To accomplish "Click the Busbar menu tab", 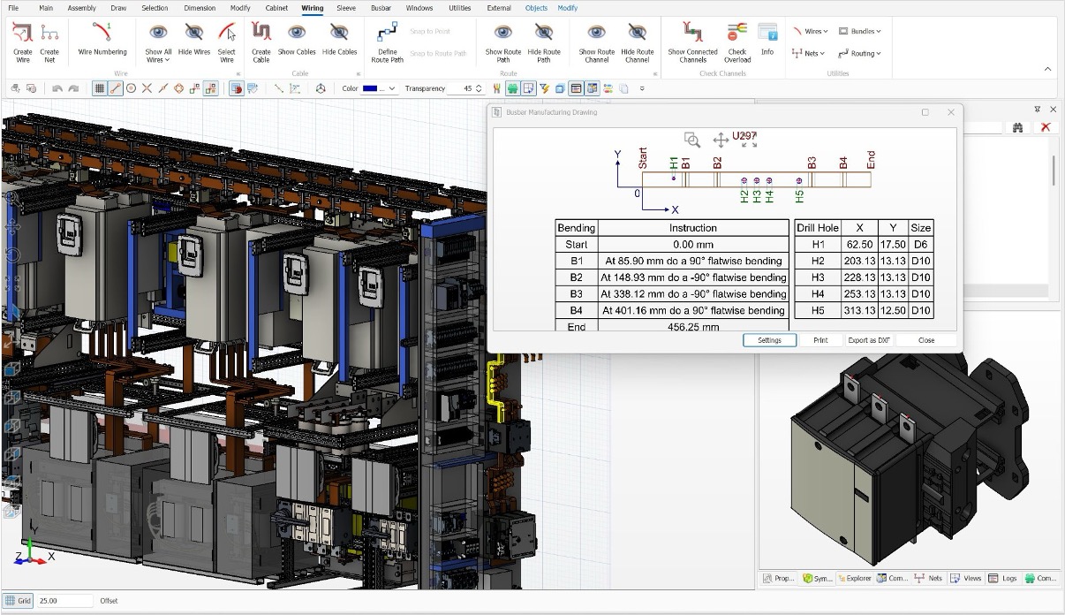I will [381, 8].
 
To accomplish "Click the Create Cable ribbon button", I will [261, 42].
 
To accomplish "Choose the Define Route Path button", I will [387, 42].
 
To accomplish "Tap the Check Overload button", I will [736, 42].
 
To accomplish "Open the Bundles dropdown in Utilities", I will [859, 31].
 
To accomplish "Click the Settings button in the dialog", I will [769, 340].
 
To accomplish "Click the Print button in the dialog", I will [820, 340].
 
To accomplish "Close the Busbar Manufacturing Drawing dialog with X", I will [951, 112].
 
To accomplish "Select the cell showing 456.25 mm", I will [692, 326].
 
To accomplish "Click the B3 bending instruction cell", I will [692, 293].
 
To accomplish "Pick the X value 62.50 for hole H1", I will [859, 244].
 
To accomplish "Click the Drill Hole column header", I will [817, 227].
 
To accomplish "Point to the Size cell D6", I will [920, 244].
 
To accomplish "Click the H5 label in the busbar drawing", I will [799, 197].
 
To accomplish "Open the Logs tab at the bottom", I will [1004, 578].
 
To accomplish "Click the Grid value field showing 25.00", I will [64, 601].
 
